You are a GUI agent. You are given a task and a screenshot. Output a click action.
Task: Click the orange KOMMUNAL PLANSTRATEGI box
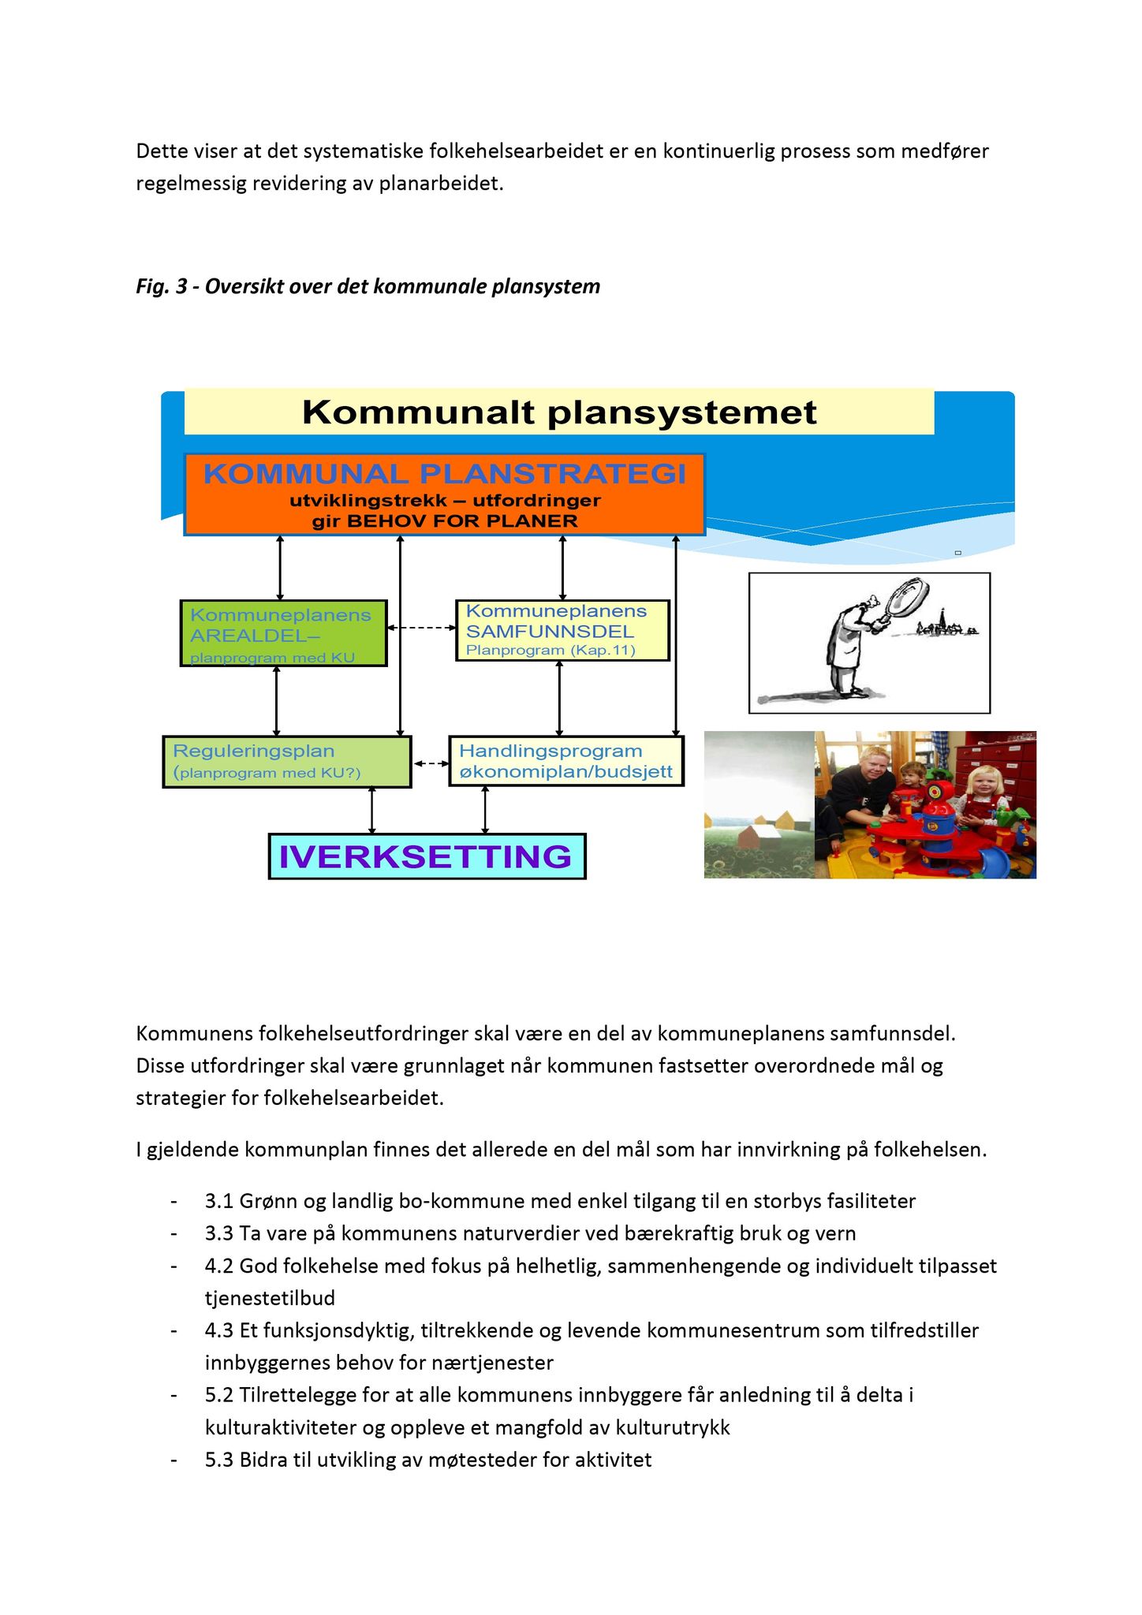pyautogui.click(x=444, y=494)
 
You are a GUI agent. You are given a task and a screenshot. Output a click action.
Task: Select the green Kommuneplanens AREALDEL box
pyautogui.click(x=283, y=633)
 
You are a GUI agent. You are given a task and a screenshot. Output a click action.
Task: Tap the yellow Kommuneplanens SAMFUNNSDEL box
pyautogui.click(x=562, y=630)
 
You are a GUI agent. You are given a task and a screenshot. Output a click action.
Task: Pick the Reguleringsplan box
pyautogui.click(x=287, y=762)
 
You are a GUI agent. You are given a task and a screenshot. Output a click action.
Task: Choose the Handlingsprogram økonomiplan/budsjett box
pyautogui.click(x=565, y=761)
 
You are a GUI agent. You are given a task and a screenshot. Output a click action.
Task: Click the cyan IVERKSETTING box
pyautogui.click(x=427, y=856)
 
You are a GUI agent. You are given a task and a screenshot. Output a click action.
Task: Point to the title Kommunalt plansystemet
pyautogui.click(x=559, y=412)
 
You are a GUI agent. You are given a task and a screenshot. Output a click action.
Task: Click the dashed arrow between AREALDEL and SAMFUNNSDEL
pyautogui.click(x=421, y=628)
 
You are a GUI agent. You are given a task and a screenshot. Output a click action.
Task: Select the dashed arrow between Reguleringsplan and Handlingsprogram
pyautogui.click(x=430, y=763)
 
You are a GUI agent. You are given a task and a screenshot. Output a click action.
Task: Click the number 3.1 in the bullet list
pyautogui.click(x=219, y=1201)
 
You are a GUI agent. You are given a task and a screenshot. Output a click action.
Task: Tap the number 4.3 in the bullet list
pyautogui.click(x=219, y=1330)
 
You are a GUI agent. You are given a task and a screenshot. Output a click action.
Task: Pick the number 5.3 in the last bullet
pyautogui.click(x=219, y=1460)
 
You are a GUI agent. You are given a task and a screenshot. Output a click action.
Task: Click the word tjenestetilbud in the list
pyautogui.click(x=270, y=1298)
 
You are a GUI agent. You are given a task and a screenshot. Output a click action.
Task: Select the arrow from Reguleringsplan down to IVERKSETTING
pyautogui.click(x=372, y=811)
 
